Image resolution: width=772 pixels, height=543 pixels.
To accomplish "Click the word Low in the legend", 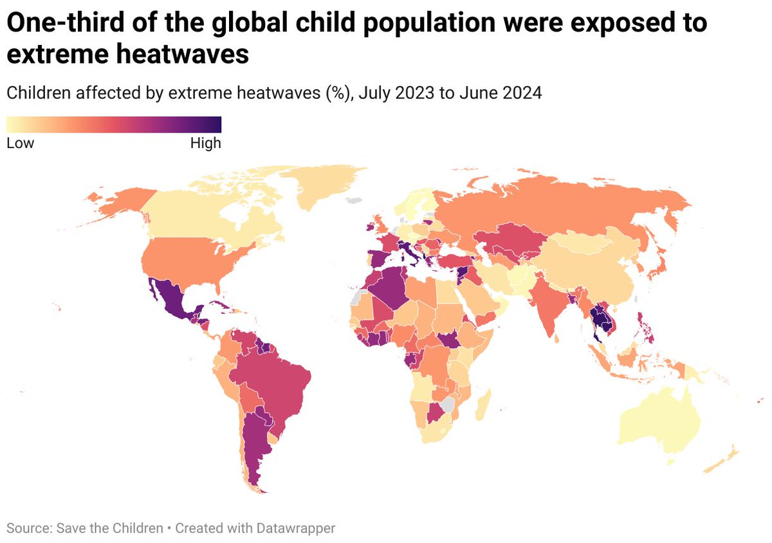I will coord(20,143).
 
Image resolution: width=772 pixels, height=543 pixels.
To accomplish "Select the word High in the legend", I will coord(205,143).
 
